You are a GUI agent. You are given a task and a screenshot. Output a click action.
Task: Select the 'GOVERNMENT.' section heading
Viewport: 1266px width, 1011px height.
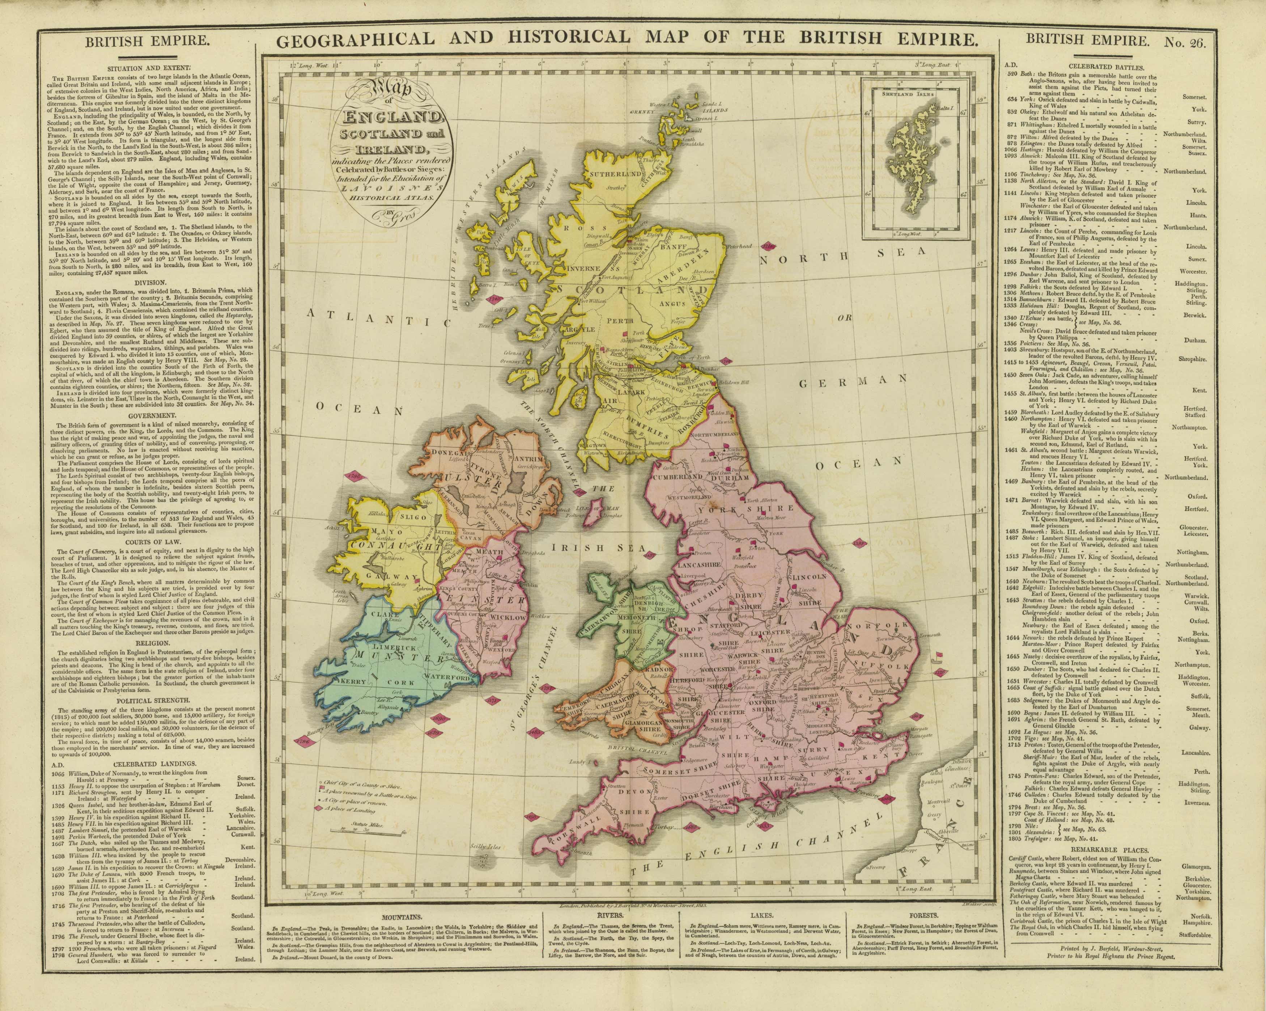145,415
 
